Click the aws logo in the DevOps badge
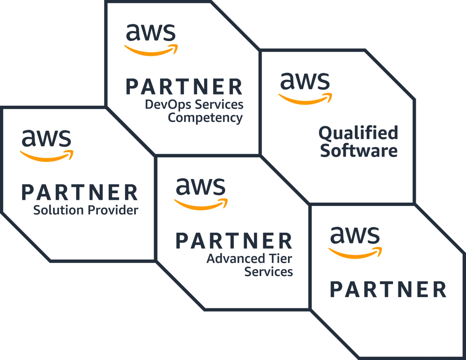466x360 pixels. tap(151, 39)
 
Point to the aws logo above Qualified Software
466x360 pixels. tap(305, 87)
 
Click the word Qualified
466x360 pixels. tap(358, 133)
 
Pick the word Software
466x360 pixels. tap(359, 151)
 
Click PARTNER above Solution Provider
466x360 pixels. tap(80, 193)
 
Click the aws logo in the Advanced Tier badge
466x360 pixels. tap(201, 193)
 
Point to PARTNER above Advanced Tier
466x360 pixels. tap(234, 241)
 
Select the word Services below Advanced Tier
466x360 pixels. tap(269, 272)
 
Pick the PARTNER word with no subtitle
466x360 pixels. tap(388, 290)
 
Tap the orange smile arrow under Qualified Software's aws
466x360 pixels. tap(305, 99)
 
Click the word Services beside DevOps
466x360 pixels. tap(219, 105)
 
